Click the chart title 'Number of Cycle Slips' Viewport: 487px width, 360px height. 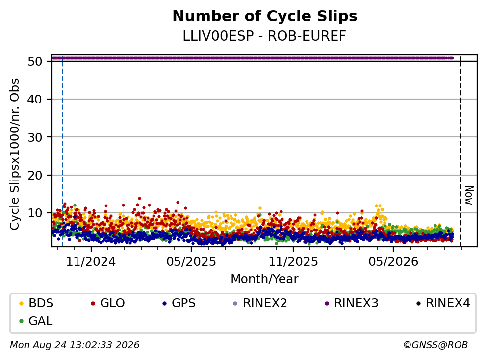click(265, 16)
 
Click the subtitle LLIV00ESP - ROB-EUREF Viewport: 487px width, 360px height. click(264, 36)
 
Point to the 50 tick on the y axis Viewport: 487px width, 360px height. click(35, 61)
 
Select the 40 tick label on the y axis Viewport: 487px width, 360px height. click(35, 100)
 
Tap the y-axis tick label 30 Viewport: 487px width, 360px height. click(35, 137)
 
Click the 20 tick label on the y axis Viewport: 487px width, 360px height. click(35, 175)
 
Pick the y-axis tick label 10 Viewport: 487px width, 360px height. click(35, 213)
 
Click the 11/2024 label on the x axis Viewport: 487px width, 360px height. click(91, 262)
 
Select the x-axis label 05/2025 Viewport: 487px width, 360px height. click(191, 262)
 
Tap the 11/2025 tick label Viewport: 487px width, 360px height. click(293, 262)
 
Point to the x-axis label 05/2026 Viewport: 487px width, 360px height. click(393, 262)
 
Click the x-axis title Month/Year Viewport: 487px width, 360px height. click(264, 279)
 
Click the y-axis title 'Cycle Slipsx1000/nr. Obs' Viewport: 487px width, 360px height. click(14, 154)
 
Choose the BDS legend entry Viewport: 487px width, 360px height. click(36, 303)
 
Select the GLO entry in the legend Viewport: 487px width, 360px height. click(108, 303)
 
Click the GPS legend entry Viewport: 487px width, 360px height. click(179, 303)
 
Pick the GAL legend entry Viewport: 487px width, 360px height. click(36, 321)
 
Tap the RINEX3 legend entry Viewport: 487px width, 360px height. click(352, 303)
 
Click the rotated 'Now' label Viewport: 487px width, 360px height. click(469, 195)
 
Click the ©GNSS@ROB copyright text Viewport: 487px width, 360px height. click(436, 345)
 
